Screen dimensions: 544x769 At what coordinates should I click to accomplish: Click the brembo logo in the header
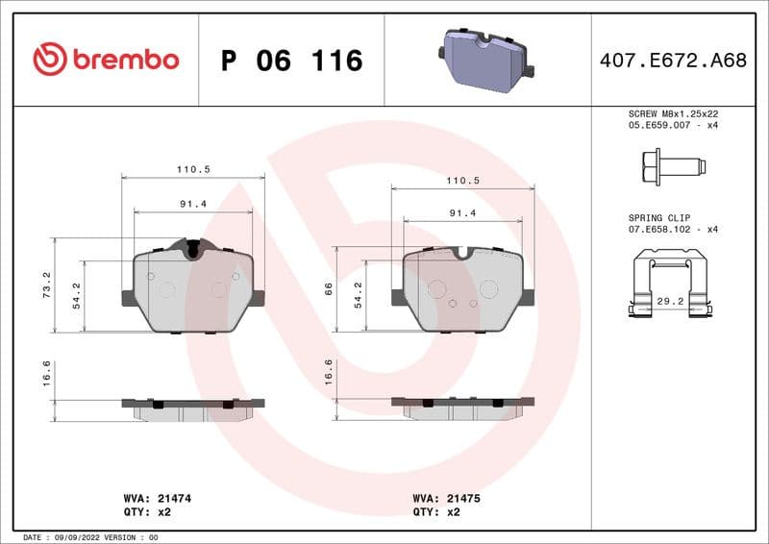(106, 60)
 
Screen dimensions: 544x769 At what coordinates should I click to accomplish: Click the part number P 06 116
(291, 61)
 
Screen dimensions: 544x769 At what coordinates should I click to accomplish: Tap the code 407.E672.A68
(673, 61)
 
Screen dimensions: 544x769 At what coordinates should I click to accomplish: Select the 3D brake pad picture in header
(488, 60)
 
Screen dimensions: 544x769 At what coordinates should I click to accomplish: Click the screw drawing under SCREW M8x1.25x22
(670, 166)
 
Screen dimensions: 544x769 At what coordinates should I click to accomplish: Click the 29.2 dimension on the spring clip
(670, 301)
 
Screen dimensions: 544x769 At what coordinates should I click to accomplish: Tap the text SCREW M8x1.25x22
(673, 112)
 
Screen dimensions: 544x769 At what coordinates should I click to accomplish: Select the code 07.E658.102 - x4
(673, 230)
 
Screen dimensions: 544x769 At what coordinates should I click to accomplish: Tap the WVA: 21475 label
(447, 499)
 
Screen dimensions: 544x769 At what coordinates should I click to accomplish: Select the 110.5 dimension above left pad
(192, 169)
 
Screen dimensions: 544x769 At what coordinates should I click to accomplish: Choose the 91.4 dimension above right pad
(462, 213)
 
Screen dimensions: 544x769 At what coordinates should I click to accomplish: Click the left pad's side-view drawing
(192, 408)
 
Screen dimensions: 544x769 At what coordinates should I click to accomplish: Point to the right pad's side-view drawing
(462, 407)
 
